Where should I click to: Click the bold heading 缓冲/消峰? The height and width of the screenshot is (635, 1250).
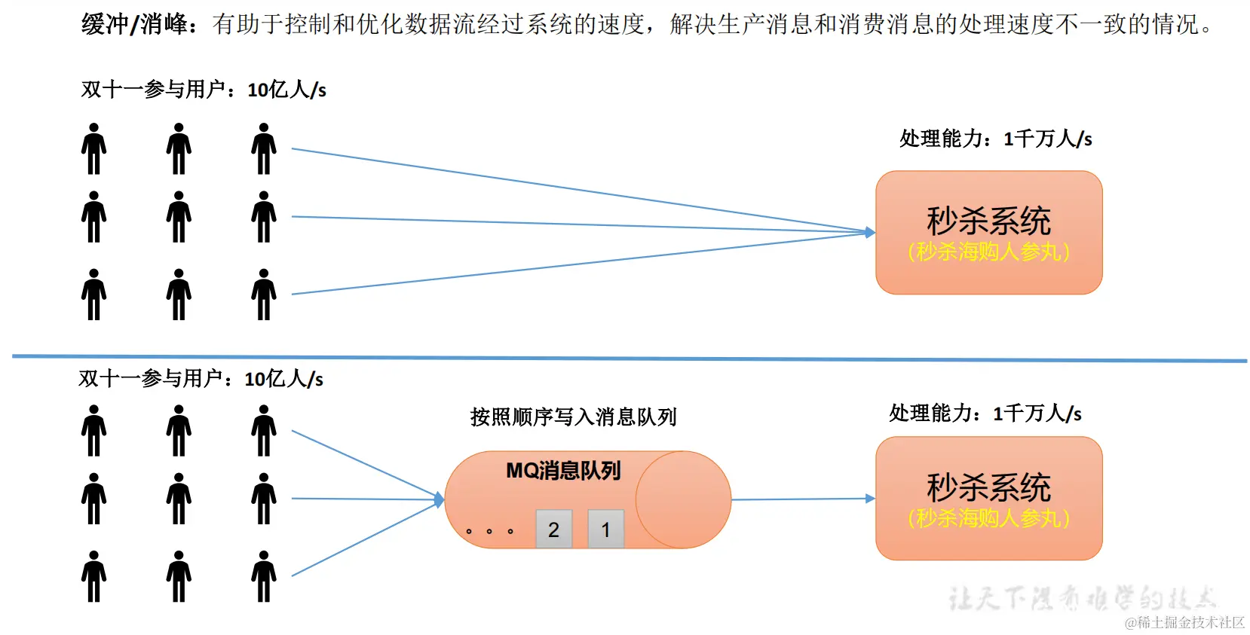coord(136,24)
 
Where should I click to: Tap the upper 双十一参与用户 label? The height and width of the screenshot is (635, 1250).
coord(204,90)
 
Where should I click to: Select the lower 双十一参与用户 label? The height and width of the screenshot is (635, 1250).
coord(201,378)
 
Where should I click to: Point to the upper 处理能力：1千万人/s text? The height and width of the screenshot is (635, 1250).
coord(995,139)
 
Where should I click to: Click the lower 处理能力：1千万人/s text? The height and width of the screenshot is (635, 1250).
coord(985,413)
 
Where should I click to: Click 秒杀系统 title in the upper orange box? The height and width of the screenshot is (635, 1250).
coord(988,221)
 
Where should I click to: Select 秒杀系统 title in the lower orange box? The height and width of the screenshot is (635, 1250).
coord(988,487)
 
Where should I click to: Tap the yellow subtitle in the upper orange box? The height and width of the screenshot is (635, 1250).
coord(988,252)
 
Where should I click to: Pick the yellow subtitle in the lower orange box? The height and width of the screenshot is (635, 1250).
coord(988,518)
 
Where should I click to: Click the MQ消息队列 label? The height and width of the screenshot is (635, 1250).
coord(563,471)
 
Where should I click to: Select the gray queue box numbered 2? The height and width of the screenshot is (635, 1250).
coord(553,530)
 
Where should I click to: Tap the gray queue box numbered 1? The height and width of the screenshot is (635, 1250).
coord(605,530)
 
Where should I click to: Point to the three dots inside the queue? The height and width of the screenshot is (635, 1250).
coord(489,531)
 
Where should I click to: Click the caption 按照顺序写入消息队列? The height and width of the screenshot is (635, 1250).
coord(573,417)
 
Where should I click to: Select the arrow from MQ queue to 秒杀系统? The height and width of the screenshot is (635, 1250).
coord(799,499)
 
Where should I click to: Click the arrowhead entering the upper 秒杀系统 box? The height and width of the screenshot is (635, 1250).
coord(870,233)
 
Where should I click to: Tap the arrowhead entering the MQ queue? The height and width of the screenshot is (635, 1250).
coord(440,499)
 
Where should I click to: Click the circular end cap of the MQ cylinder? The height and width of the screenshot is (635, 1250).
coord(683,499)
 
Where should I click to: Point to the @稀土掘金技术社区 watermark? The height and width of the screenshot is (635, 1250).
coord(1184,622)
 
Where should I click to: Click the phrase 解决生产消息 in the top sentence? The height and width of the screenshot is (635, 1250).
coord(742,24)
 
